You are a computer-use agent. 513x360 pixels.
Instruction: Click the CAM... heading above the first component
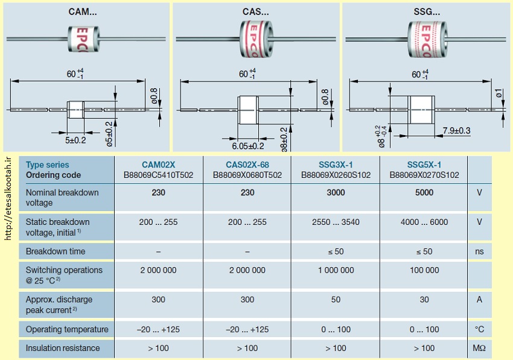tap(83, 12)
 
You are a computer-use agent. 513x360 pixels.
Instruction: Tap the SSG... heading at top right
tap(427, 12)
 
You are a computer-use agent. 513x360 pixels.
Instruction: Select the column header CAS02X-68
tap(247, 165)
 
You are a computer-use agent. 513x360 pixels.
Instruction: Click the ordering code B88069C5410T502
tap(158, 175)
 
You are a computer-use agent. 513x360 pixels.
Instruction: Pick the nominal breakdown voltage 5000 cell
tap(424, 192)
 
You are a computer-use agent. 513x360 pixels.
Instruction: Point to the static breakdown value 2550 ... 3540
tap(336, 223)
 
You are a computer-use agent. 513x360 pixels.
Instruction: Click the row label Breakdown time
tap(56, 251)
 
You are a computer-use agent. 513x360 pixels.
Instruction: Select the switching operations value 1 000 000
tap(336, 270)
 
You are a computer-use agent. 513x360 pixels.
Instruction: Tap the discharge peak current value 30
tap(424, 300)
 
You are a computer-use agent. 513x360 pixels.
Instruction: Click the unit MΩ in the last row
tap(479, 348)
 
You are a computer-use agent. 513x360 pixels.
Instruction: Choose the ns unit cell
tap(479, 251)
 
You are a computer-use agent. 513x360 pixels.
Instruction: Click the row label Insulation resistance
tap(63, 348)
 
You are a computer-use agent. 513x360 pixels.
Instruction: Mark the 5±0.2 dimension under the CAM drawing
tap(75, 141)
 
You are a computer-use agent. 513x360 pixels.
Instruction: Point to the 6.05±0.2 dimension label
tap(248, 146)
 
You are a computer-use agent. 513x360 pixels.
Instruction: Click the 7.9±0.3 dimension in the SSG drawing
tap(456, 131)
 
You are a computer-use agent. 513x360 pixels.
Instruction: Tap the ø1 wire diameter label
tap(499, 93)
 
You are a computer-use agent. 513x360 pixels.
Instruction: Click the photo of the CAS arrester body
tap(256, 39)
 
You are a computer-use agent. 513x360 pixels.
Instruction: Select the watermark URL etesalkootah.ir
tap(8, 198)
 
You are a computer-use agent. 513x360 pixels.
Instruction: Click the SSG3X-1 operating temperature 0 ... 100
tap(336, 330)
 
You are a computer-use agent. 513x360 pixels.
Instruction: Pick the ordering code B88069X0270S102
tap(424, 175)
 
